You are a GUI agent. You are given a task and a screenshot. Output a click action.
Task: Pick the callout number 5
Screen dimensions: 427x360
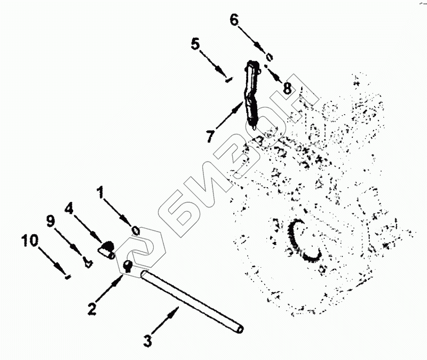click(195, 44)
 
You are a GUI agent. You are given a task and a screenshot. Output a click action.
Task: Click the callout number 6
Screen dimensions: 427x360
click(235, 20)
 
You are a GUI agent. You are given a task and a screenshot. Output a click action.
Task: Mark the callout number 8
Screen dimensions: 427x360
click(288, 88)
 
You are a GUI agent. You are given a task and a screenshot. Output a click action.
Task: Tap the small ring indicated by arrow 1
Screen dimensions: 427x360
click(136, 230)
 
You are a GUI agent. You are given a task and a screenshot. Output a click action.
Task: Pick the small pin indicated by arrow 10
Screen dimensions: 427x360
click(67, 276)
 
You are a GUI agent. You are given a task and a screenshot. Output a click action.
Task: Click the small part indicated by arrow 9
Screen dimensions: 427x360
click(88, 261)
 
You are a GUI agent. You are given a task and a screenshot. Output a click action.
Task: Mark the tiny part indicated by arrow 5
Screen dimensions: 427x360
click(228, 81)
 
